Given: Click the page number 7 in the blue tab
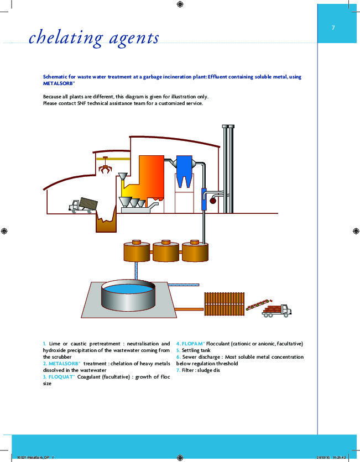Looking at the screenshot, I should (333, 28).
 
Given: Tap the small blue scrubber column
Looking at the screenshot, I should (204, 198).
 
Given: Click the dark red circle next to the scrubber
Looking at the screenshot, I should (212, 201).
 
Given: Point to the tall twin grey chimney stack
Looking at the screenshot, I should (227, 166).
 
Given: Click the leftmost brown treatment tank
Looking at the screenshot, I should (136, 251).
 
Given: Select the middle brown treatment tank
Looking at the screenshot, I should (166, 251).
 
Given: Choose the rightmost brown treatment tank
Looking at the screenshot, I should (195, 251).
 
